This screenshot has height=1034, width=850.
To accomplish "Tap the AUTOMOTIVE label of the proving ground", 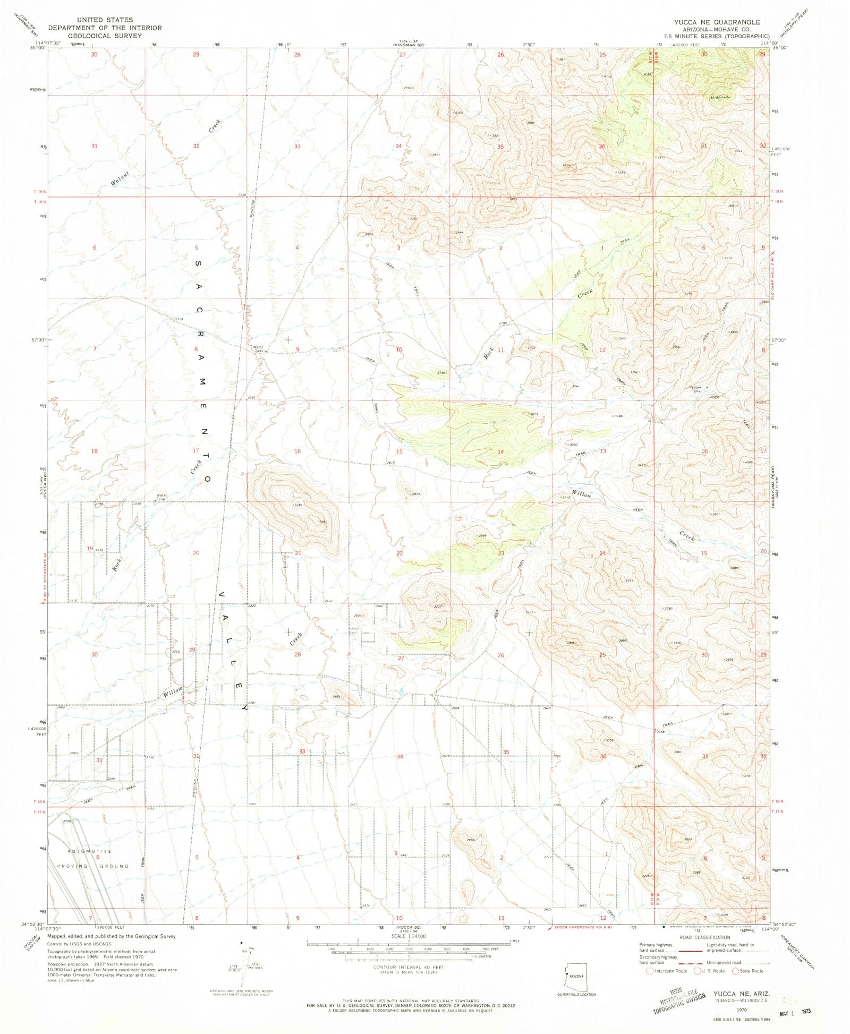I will click(90, 851).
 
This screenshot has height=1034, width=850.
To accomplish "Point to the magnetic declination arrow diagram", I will click(244, 964).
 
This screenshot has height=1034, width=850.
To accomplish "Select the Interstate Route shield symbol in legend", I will click(649, 971).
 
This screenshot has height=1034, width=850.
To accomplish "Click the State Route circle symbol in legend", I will click(735, 971).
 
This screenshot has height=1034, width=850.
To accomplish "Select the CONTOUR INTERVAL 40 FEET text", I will click(407, 967).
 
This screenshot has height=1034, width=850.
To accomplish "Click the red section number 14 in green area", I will click(500, 451).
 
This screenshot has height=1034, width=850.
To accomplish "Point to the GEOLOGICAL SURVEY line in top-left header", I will click(105, 36).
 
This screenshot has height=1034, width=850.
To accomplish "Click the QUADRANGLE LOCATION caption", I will click(576, 994).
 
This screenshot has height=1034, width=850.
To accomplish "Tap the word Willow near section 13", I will click(581, 494).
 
